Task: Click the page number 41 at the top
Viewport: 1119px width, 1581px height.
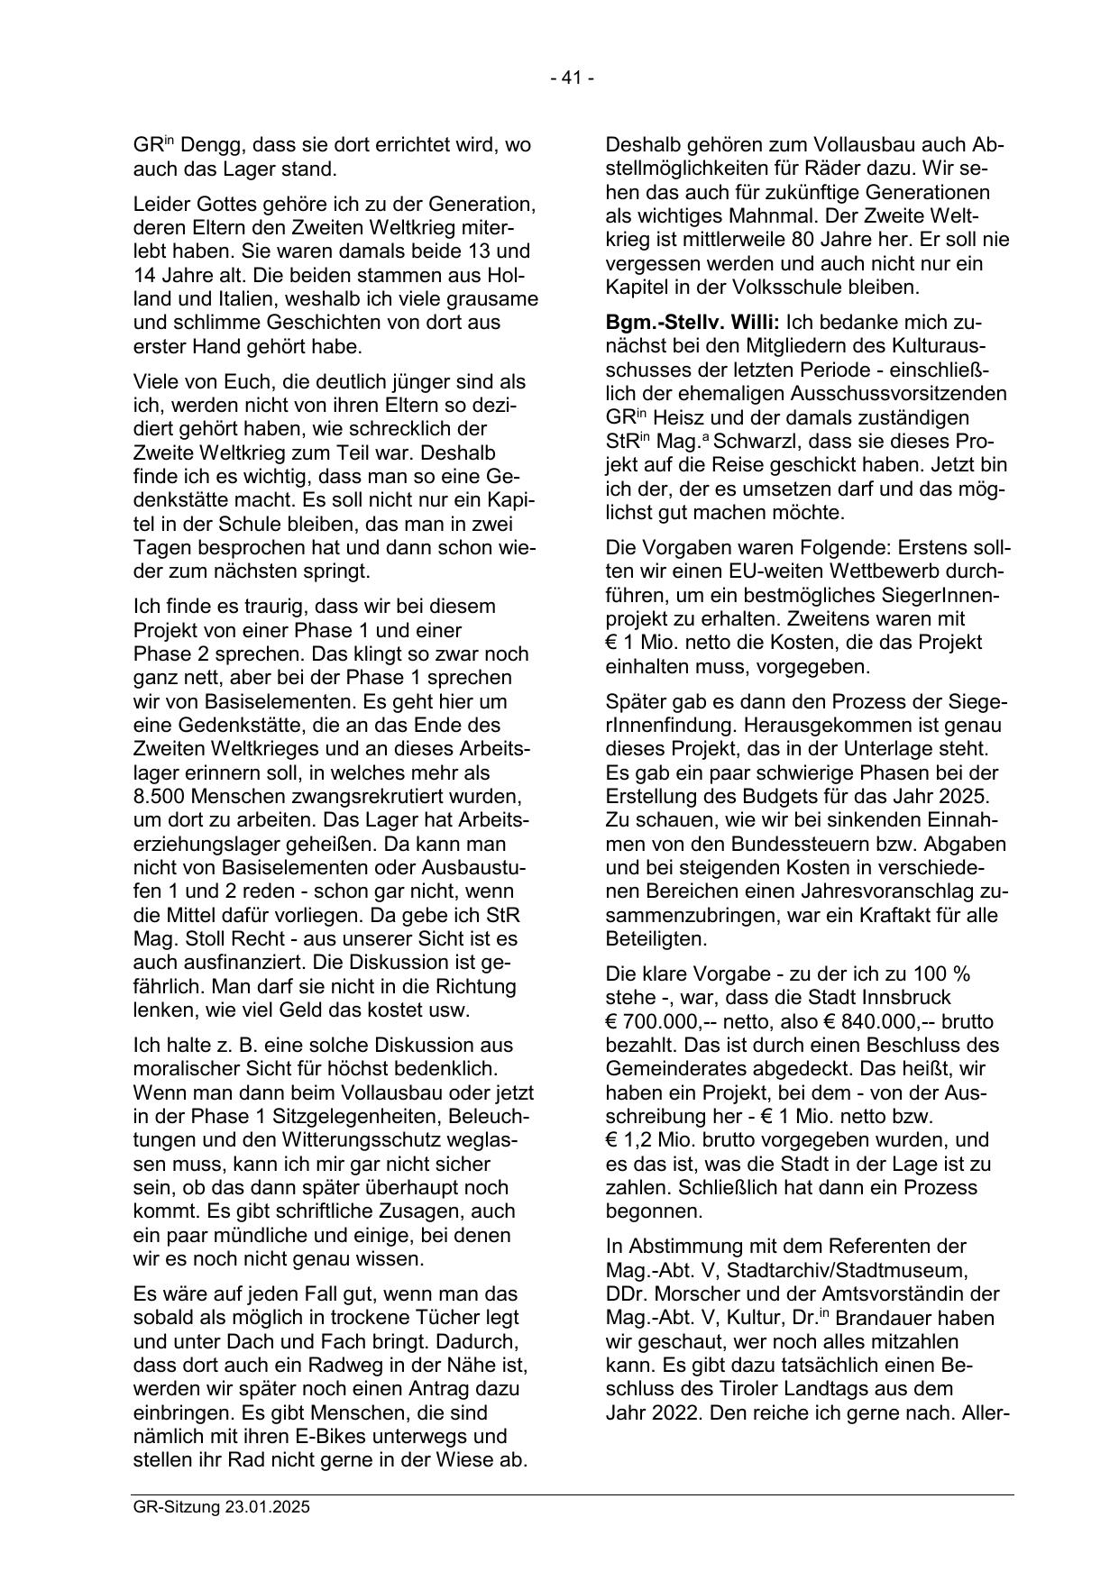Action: coord(572,78)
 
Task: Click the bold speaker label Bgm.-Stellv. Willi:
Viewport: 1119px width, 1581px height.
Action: coord(693,323)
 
